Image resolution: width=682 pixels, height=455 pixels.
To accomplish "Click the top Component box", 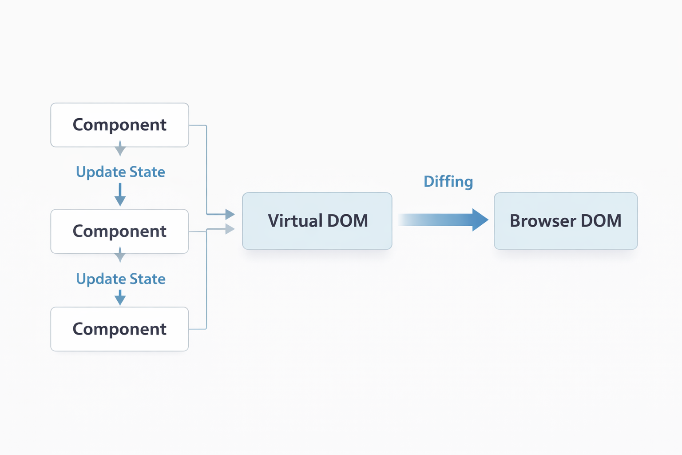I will (x=119, y=125).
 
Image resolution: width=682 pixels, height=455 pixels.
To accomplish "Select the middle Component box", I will (x=119, y=231).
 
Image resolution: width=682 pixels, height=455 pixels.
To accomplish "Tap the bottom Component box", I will (x=119, y=329).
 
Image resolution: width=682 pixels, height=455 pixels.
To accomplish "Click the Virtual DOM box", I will (x=317, y=221).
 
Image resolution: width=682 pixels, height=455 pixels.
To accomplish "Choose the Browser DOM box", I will (x=565, y=221).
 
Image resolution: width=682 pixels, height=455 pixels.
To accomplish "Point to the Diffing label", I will (x=448, y=181).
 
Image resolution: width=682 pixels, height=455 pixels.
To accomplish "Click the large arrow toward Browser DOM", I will (x=444, y=220).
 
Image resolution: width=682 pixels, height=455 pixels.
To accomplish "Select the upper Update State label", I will (x=120, y=172).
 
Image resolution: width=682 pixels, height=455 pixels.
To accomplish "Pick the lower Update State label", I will (x=120, y=279).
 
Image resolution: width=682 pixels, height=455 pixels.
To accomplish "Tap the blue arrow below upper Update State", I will (x=120, y=195).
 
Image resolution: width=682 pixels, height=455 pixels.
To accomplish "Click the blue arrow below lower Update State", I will (x=120, y=298).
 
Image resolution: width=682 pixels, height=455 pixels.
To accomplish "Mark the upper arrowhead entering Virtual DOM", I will (x=230, y=214).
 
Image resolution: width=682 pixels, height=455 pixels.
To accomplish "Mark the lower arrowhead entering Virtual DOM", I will (x=230, y=229).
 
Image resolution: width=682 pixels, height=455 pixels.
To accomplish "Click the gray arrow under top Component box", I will (x=120, y=149).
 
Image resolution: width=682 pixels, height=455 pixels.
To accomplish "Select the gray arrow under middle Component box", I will (x=120, y=255).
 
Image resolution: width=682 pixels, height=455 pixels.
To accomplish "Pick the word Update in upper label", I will (x=100, y=172).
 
